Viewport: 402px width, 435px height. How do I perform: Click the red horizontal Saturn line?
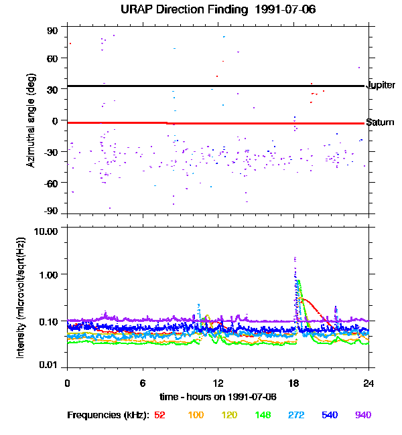point(268,123)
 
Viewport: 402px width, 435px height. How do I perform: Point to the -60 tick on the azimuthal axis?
point(52,183)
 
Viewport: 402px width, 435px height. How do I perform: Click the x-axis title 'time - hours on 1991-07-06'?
point(218,398)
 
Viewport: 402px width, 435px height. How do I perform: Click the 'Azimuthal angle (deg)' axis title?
point(31,120)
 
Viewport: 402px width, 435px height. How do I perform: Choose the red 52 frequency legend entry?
point(160,416)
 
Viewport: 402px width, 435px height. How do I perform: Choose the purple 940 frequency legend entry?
point(363,416)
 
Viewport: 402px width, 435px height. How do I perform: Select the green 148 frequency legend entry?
point(263,416)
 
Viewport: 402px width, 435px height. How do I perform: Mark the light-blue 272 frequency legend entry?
point(297,416)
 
